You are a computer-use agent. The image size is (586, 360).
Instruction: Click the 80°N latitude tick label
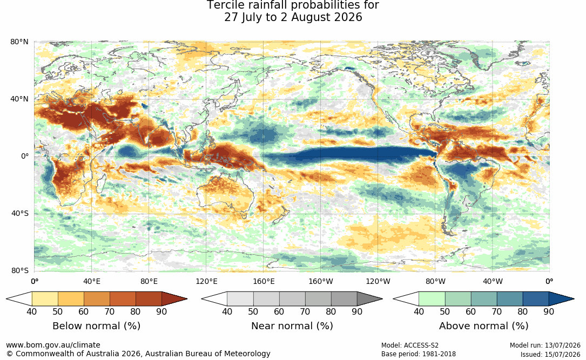pos(19,42)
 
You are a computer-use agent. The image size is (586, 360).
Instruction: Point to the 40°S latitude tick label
pos(20,214)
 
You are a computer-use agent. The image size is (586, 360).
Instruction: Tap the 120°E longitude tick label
pos(206,281)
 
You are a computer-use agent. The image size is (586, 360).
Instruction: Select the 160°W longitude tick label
pos(321,281)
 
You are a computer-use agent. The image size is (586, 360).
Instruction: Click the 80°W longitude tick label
pos(435,281)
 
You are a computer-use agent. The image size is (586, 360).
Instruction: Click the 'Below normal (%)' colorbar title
pos(97,326)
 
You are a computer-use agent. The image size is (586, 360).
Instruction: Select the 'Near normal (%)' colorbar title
pos(292,326)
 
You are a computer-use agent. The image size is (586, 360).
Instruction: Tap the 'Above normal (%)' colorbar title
pos(483,326)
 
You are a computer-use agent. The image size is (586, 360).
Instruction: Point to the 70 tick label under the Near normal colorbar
pos(305,311)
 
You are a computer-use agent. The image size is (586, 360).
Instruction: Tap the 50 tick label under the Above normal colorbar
pos(444,311)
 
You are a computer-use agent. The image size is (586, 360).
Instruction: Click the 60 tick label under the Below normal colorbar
pos(84,311)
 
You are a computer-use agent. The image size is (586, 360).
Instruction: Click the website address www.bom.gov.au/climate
pos(53,345)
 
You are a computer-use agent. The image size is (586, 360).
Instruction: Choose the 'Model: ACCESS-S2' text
pos(410,345)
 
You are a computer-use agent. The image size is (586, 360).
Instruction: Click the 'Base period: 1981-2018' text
pos(419,354)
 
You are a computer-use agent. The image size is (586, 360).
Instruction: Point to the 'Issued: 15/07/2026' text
pos(550,354)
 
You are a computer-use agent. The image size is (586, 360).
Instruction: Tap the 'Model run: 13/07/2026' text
pos(545,345)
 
